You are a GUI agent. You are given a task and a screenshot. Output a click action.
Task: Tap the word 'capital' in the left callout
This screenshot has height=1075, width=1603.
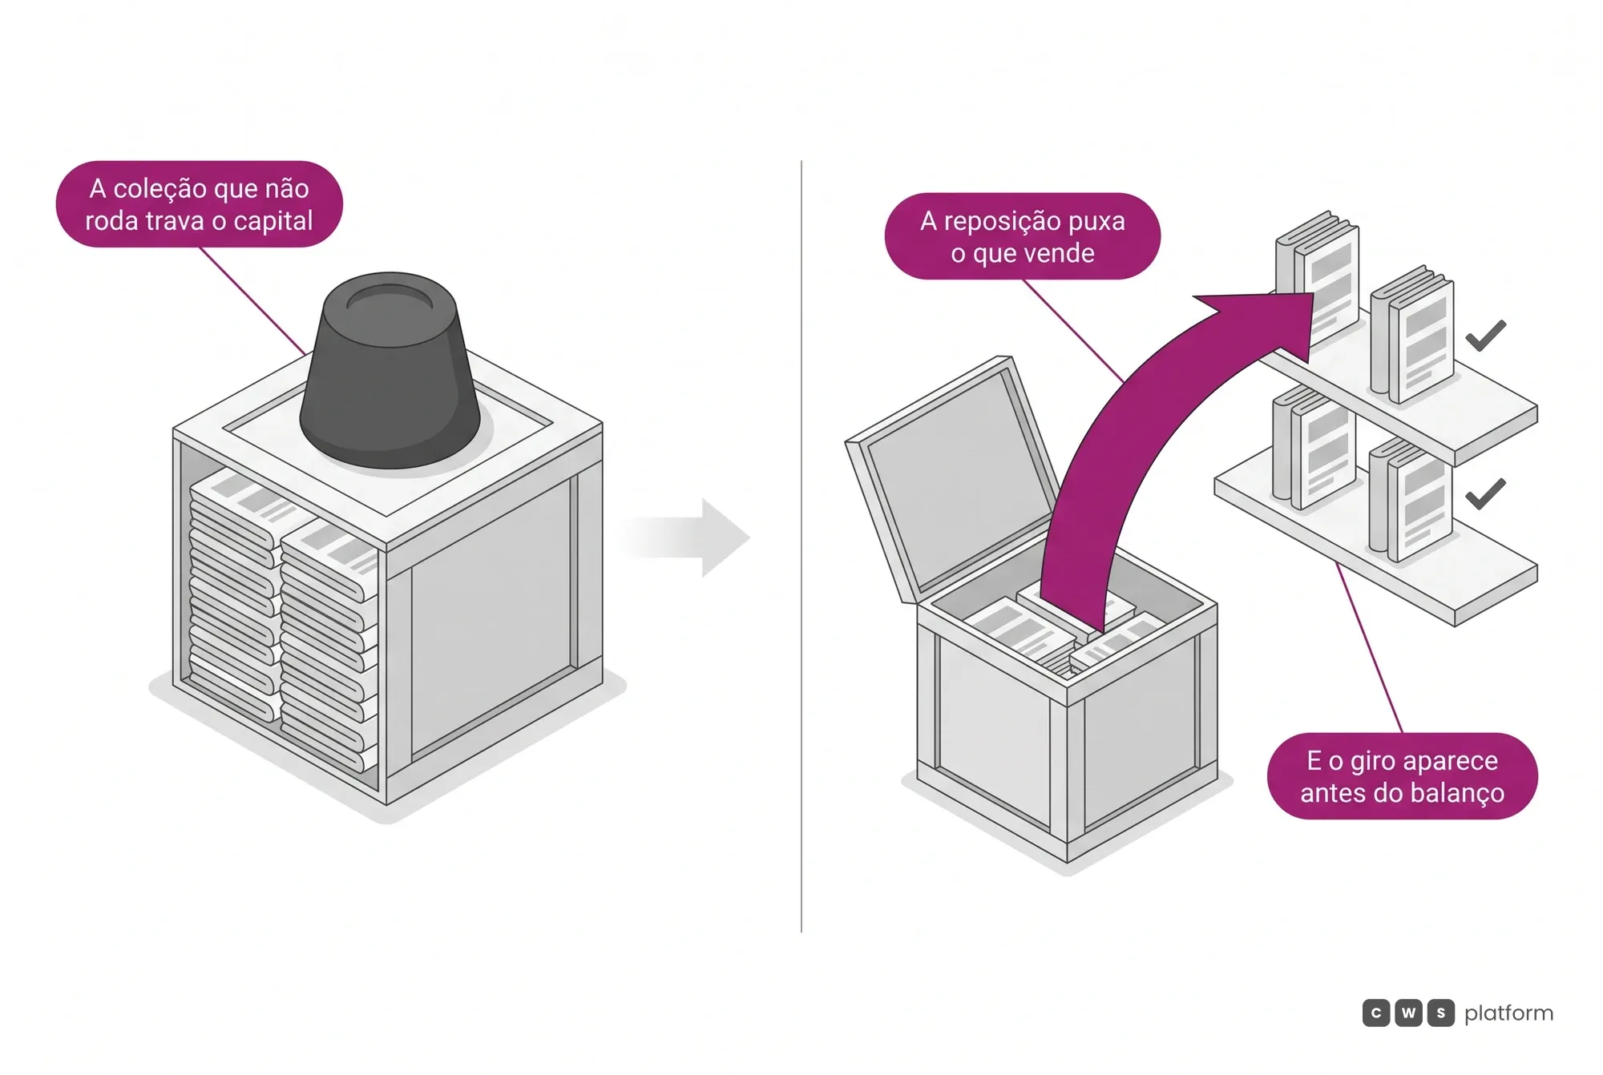coord(273,222)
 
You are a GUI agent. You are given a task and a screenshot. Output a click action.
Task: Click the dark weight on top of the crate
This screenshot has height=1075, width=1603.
coord(390,370)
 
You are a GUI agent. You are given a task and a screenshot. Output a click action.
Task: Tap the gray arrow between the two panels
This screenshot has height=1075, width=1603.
coord(685,537)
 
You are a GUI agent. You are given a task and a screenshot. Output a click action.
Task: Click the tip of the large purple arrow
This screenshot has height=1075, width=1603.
coord(1314,295)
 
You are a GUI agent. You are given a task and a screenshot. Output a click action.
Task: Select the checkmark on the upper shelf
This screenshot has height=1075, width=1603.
coord(1485,336)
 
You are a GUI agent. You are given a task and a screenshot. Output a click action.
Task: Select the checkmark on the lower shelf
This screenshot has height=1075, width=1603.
coord(1485,493)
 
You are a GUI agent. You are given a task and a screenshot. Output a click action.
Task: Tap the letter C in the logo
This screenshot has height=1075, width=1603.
coord(1376,1013)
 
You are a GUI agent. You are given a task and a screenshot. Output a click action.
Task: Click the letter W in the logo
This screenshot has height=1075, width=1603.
coord(1408,1013)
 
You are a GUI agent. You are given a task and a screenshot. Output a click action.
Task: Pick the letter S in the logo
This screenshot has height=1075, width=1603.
coord(1440,1013)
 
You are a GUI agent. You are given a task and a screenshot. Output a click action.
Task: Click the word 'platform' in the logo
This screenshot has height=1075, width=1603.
coord(1508,1013)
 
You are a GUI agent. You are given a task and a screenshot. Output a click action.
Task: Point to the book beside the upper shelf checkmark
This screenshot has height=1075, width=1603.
coord(1412,334)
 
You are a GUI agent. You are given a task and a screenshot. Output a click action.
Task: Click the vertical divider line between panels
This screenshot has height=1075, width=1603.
coord(801,546)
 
